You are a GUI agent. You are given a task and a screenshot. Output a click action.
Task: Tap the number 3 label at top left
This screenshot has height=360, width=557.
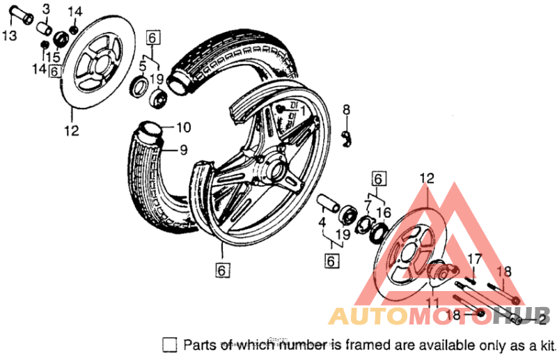pos(46,8)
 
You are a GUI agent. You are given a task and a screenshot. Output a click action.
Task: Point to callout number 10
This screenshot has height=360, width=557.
pos(182,127)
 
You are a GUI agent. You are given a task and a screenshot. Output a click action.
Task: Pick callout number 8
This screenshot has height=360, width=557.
pos(346,109)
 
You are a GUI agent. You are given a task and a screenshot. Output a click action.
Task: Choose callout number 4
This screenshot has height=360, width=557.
pos(323,224)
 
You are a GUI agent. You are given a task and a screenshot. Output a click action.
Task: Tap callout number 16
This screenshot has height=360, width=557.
pos(381,211)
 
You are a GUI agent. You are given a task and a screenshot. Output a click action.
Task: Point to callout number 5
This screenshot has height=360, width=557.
pos(142,65)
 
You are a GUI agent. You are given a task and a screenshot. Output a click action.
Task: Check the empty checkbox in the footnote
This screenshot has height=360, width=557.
pos(169,345)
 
